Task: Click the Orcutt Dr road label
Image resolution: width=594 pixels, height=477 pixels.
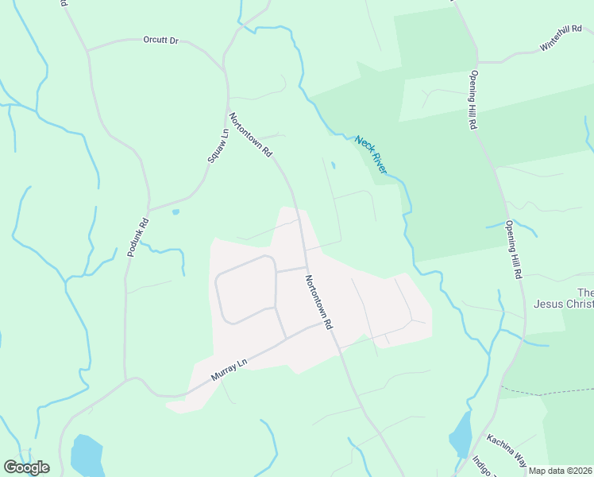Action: [x=160, y=39]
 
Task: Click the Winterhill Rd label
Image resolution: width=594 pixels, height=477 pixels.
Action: [x=561, y=37]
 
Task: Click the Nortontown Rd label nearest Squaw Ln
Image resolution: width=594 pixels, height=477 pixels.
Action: [x=251, y=134]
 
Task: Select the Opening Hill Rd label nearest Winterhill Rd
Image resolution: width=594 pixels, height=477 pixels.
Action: [x=472, y=100]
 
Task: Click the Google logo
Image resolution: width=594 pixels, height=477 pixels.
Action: [x=26, y=467]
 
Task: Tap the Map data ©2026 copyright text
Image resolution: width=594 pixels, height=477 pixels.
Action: [x=560, y=471]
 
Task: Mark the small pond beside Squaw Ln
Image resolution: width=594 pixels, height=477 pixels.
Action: [x=175, y=212]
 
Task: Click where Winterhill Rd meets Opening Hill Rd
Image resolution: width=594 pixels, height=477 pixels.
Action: [x=478, y=61]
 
